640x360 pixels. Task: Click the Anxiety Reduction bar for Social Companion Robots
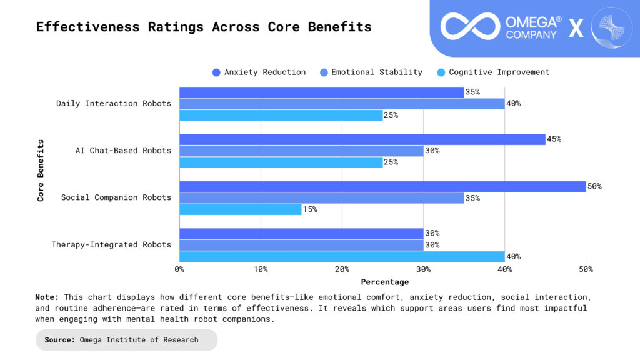click(x=382, y=186)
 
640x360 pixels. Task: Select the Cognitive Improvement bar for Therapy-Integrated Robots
click(x=342, y=256)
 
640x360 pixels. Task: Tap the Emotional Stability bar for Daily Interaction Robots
click(x=342, y=104)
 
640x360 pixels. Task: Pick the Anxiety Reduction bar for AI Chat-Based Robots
click(x=362, y=139)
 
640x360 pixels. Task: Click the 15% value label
click(x=311, y=209)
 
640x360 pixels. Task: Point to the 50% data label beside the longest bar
click(x=594, y=186)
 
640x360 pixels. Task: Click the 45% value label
click(x=554, y=139)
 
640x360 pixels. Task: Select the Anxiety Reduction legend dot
click(x=216, y=72)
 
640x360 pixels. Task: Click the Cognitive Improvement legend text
click(x=499, y=72)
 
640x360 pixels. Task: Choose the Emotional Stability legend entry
click(x=377, y=72)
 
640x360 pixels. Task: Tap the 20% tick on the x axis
click(x=342, y=269)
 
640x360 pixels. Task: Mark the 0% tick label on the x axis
click(x=179, y=269)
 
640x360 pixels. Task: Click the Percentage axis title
click(x=384, y=282)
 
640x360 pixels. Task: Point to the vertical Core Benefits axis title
click(x=41, y=170)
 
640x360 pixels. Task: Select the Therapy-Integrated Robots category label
click(x=111, y=244)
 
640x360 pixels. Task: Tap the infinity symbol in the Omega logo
click(x=470, y=26)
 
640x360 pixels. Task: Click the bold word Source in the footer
click(x=59, y=340)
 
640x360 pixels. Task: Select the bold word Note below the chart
click(x=47, y=297)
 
